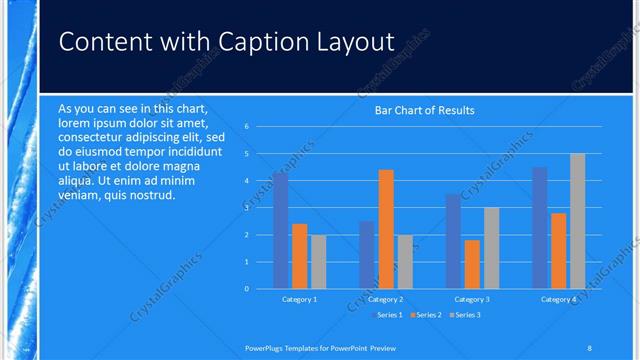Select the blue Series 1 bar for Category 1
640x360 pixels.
coord(280,230)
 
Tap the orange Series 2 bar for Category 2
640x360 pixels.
coord(386,229)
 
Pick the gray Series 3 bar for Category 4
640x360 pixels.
coord(577,221)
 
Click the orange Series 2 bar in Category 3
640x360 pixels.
coord(472,264)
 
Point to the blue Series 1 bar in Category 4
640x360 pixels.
coord(540,227)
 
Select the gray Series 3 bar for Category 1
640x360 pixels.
coord(318,261)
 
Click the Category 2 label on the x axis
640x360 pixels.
coord(385,299)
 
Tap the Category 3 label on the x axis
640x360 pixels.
coord(472,299)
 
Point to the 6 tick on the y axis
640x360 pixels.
coord(260,127)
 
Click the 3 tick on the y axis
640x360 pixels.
coord(260,208)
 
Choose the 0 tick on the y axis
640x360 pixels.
coord(260,289)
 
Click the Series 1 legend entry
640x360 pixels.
coord(389,316)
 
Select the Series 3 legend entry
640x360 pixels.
coord(466,316)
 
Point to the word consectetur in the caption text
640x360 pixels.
coord(94,136)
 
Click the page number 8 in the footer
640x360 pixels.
coord(590,347)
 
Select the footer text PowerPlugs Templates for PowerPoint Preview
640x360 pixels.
coord(327,347)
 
